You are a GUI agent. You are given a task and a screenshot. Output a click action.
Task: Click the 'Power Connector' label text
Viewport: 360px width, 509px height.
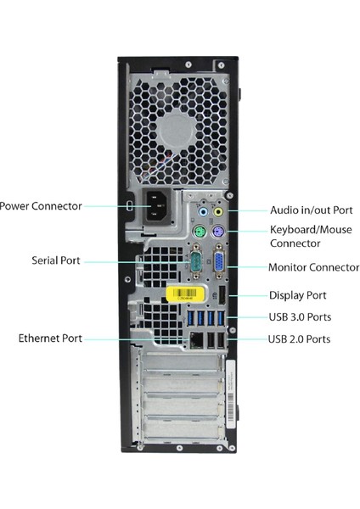pyautogui.click(x=42, y=205)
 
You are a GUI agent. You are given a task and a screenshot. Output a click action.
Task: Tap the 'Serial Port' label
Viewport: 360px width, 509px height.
pyautogui.click(x=56, y=260)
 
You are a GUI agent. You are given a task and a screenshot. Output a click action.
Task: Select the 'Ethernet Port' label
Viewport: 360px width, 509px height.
pyautogui.click(x=50, y=338)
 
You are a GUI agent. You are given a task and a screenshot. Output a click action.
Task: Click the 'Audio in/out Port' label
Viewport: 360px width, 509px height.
pyautogui.click(x=311, y=210)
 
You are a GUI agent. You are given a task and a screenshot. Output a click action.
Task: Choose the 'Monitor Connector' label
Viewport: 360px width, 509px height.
pyautogui.click(x=313, y=267)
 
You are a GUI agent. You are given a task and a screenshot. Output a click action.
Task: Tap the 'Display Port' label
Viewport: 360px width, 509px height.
pyautogui.click(x=297, y=295)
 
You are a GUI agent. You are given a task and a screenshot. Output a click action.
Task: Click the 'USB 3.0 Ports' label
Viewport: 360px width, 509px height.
pyautogui.click(x=299, y=317)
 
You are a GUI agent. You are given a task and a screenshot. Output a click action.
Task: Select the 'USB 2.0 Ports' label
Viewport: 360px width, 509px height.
pyautogui.click(x=299, y=339)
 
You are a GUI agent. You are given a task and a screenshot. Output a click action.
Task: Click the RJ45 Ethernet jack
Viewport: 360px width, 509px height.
pyautogui.click(x=197, y=338)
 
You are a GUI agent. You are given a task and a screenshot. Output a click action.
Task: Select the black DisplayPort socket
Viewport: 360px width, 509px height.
pyautogui.click(x=221, y=294)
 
